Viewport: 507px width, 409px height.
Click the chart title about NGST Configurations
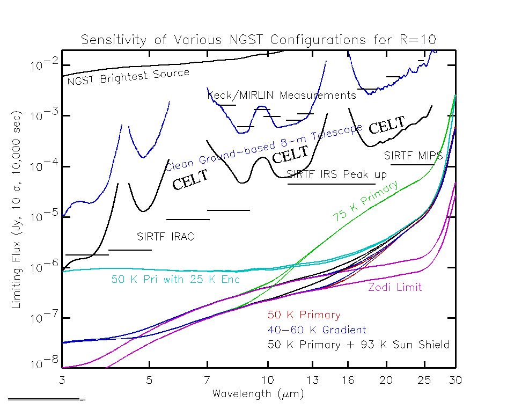(259, 40)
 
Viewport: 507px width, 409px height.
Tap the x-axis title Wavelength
(258, 394)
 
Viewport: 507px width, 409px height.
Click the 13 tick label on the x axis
(313, 380)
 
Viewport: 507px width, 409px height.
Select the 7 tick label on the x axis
(207, 380)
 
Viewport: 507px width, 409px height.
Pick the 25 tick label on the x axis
(424, 380)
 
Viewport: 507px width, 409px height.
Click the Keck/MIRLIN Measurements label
(282, 96)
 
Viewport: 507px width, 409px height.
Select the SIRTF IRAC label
(165, 236)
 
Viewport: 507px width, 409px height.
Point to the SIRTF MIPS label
(414, 156)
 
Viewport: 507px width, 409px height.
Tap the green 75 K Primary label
(366, 201)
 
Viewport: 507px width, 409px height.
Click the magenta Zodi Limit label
(395, 288)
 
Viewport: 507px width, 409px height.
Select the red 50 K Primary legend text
(304, 315)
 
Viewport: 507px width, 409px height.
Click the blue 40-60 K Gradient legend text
(317, 330)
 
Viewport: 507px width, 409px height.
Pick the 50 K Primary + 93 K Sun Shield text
(358, 345)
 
